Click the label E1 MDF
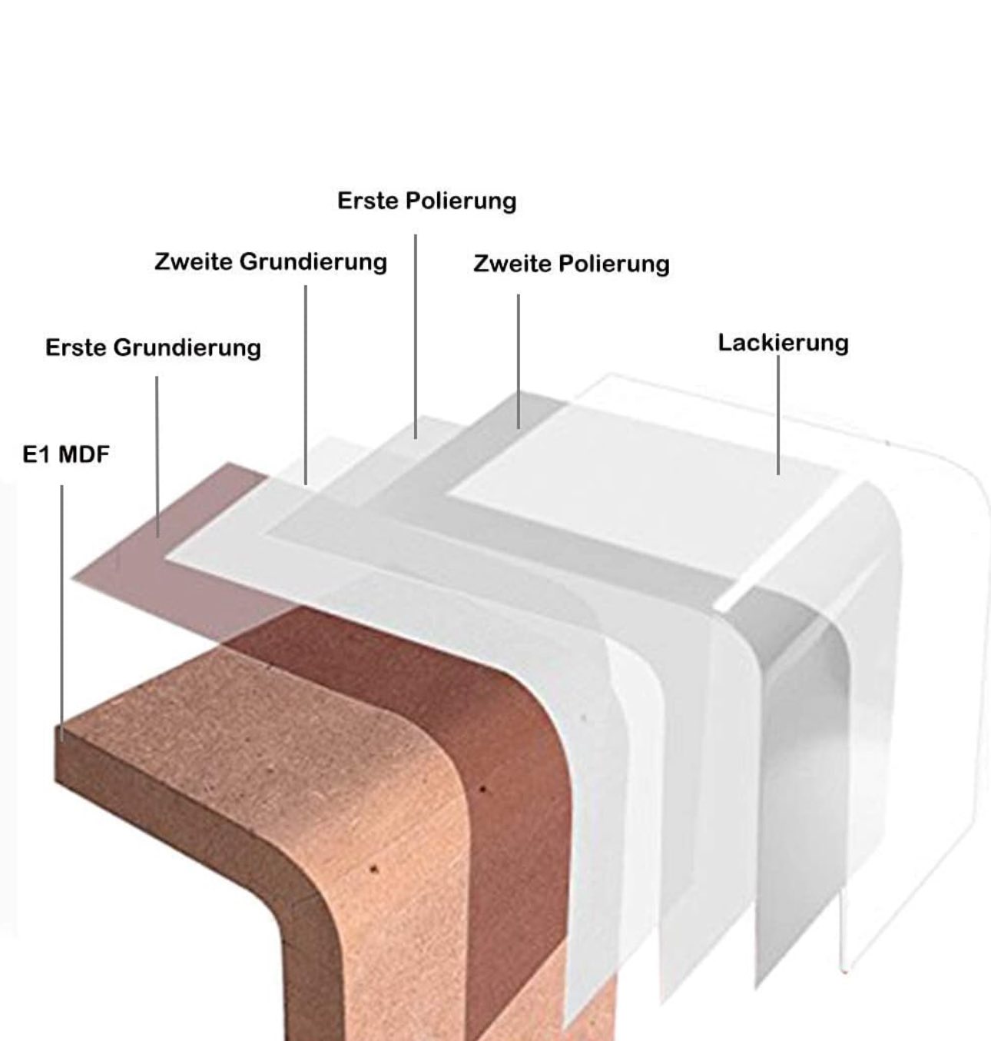tap(66, 454)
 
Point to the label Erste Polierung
tap(427, 201)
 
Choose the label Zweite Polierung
tap(572, 264)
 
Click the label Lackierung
tap(783, 344)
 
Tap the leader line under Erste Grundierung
tap(157, 457)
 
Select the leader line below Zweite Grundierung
tap(306, 385)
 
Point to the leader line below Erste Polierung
tap(416, 337)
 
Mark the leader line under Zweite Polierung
tap(519, 361)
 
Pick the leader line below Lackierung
tap(778, 415)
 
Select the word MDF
tap(84, 454)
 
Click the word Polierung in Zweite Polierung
tap(615, 264)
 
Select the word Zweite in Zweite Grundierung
tap(194, 262)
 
